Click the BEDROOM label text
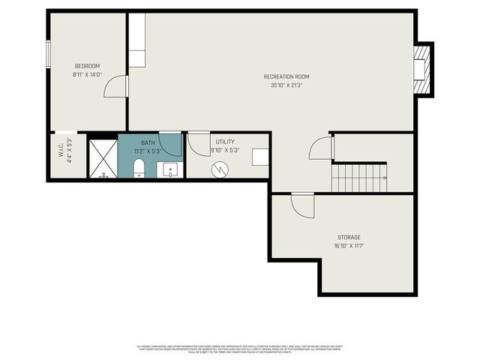tap(87, 65)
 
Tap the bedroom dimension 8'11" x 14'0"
tap(87, 74)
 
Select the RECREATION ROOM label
tap(286, 76)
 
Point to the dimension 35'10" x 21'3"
tap(286, 85)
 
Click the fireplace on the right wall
tap(422, 69)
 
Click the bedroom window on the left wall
tap(48, 53)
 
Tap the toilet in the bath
tap(139, 171)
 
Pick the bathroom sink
tap(170, 169)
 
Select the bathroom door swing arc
tap(170, 143)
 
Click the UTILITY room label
tap(225, 141)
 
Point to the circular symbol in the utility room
tap(219, 170)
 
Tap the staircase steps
tap(358, 178)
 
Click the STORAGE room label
tap(348, 237)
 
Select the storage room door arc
tap(303, 205)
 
